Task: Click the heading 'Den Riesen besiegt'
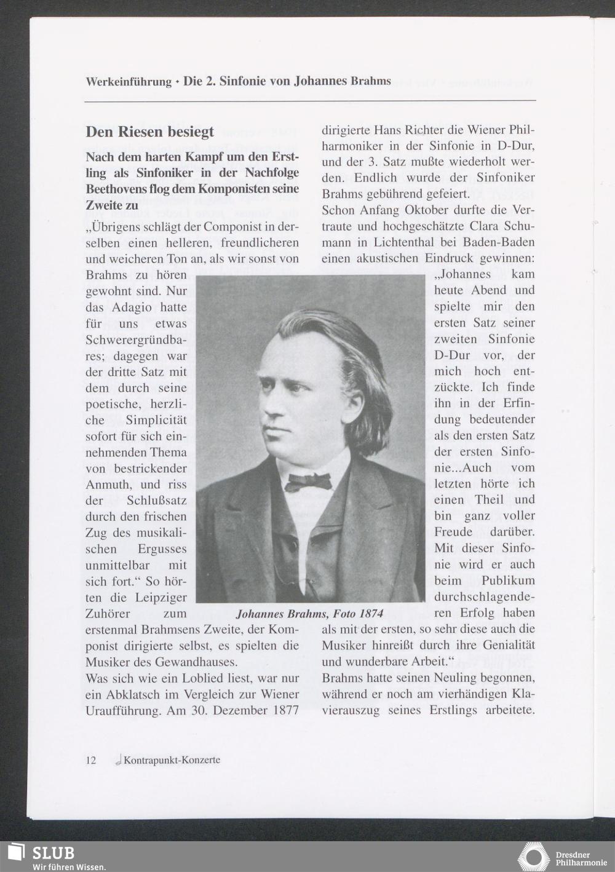point(149,132)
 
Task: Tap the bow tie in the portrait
point(308,481)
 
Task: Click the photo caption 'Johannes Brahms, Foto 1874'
point(309,613)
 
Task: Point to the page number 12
point(90,760)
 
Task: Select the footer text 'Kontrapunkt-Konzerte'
point(172,760)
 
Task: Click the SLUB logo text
point(53,853)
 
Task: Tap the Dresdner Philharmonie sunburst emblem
point(533,857)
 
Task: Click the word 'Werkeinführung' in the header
point(129,81)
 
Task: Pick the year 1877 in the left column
point(283,710)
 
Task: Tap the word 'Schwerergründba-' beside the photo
point(136,339)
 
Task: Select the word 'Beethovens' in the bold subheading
point(115,189)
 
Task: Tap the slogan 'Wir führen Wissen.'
point(69,866)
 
